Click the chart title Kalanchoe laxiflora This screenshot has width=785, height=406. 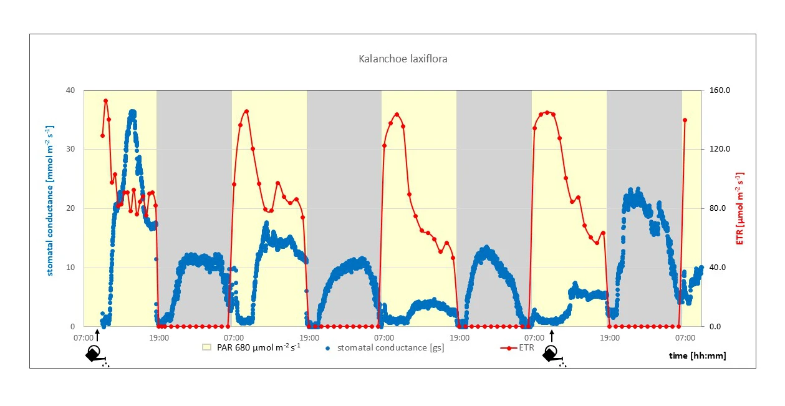pos(403,59)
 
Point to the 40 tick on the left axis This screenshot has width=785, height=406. pos(70,90)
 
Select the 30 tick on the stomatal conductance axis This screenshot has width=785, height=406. pos(70,149)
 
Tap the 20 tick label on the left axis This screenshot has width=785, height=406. pos(70,208)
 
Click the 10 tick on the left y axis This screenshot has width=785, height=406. pos(70,268)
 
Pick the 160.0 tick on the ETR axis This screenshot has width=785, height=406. pos(721,90)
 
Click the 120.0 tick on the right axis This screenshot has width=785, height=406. pos(721,149)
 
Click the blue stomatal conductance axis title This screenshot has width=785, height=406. pos(49,201)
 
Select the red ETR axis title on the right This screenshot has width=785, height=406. pos(740,208)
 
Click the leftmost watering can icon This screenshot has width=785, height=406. pos(95,354)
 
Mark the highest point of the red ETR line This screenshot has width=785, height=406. pos(106,100)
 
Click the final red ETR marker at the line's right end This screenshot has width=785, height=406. pos(685,120)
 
